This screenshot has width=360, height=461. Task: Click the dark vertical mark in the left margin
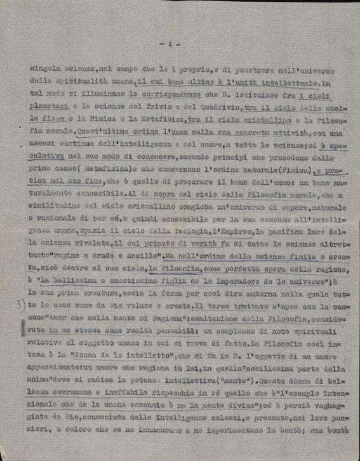point(24,328)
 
